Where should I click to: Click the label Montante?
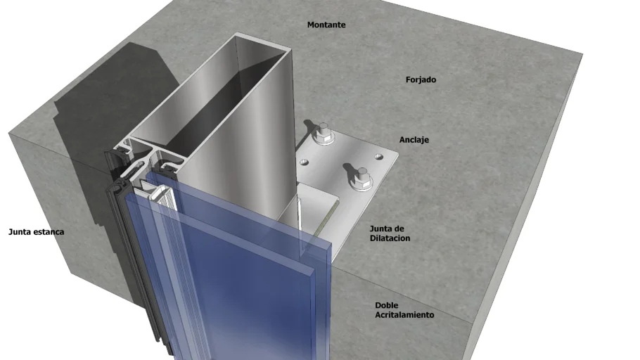(x=326, y=25)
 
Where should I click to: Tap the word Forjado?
(x=421, y=79)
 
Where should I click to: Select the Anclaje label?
(x=414, y=140)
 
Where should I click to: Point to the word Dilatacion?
(x=390, y=238)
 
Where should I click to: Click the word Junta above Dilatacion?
(x=381, y=229)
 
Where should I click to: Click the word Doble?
(x=387, y=305)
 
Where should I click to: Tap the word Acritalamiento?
(x=404, y=315)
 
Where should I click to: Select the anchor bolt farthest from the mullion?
(x=361, y=179)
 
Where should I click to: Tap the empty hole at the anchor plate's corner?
(x=379, y=156)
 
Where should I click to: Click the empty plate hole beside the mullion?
(x=304, y=162)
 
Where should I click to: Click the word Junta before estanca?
(x=20, y=232)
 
